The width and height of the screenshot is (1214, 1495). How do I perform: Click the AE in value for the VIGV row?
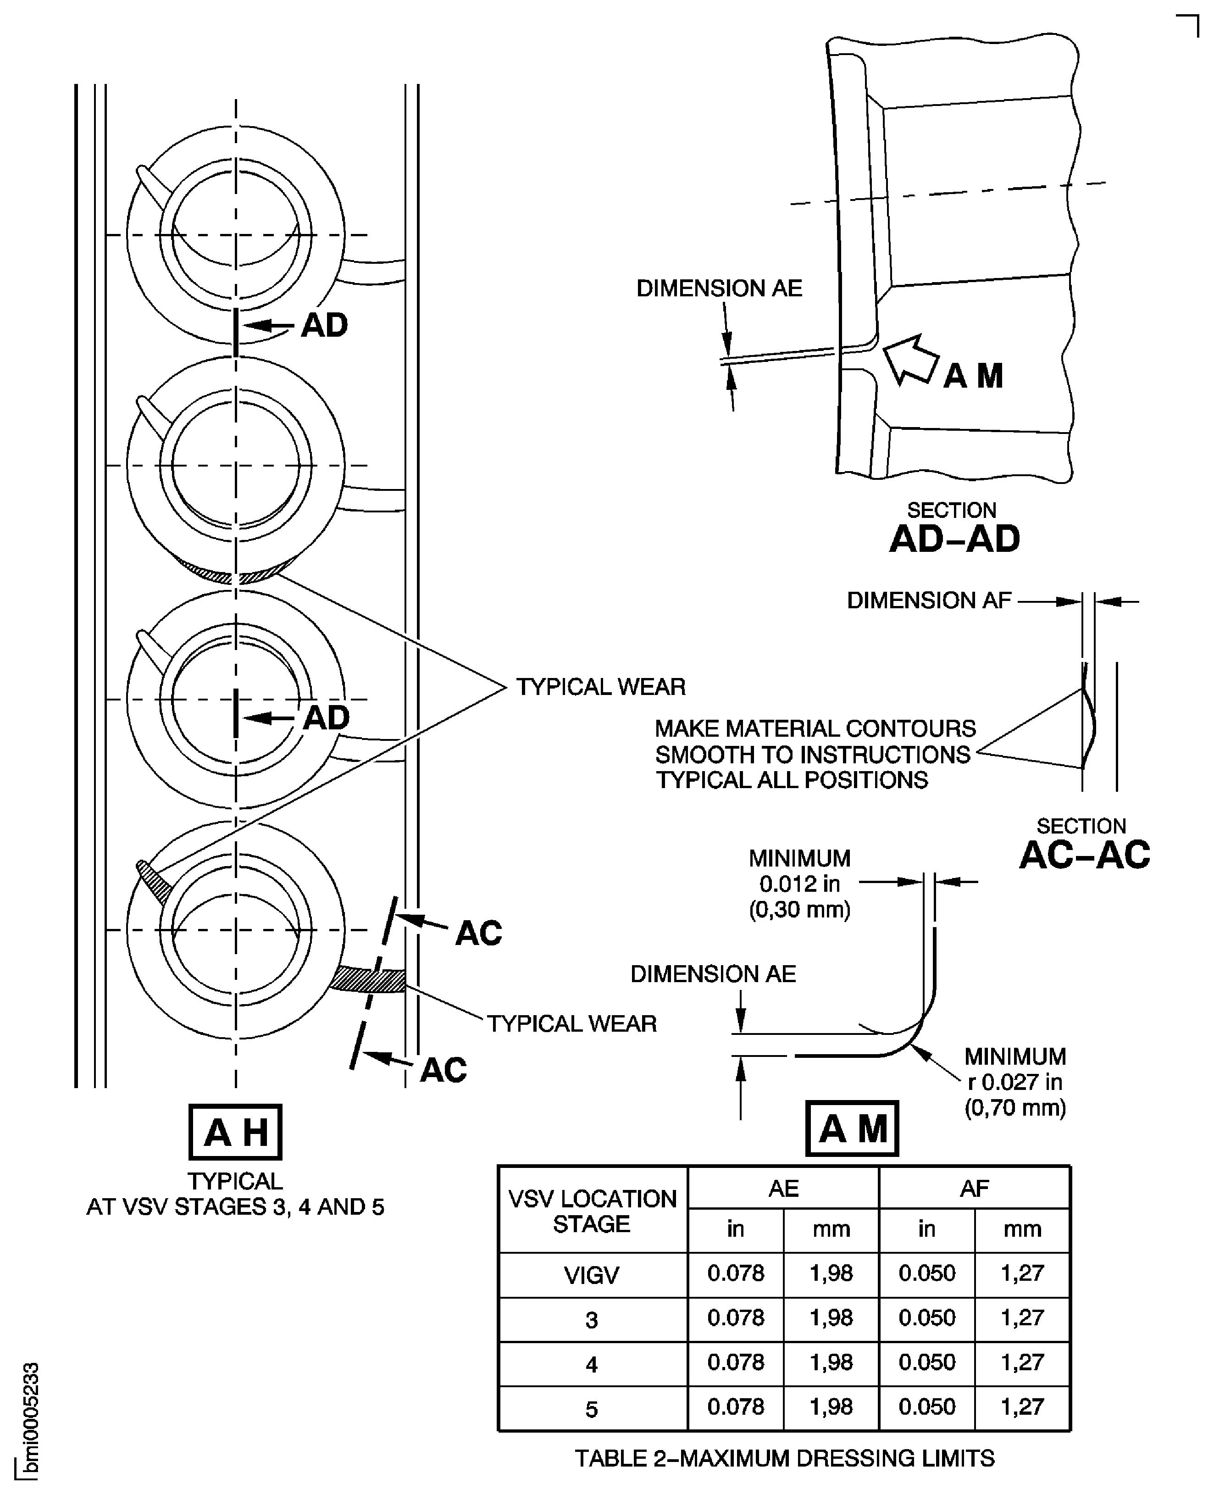click(735, 1273)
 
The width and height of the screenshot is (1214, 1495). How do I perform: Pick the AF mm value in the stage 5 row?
click(1022, 1406)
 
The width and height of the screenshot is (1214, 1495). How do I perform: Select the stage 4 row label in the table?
click(592, 1363)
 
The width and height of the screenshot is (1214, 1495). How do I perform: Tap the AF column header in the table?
click(974, 1188)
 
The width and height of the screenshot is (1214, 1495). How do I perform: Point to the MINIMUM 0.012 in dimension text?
click(799, 884)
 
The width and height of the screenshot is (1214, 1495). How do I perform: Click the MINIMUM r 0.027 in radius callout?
click(1014, 1082)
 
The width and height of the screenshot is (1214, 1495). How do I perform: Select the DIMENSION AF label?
click(929, 600)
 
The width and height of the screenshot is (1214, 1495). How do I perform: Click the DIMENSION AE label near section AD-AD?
click(719, 288)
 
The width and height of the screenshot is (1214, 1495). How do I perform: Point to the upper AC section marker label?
click(478, 933)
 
